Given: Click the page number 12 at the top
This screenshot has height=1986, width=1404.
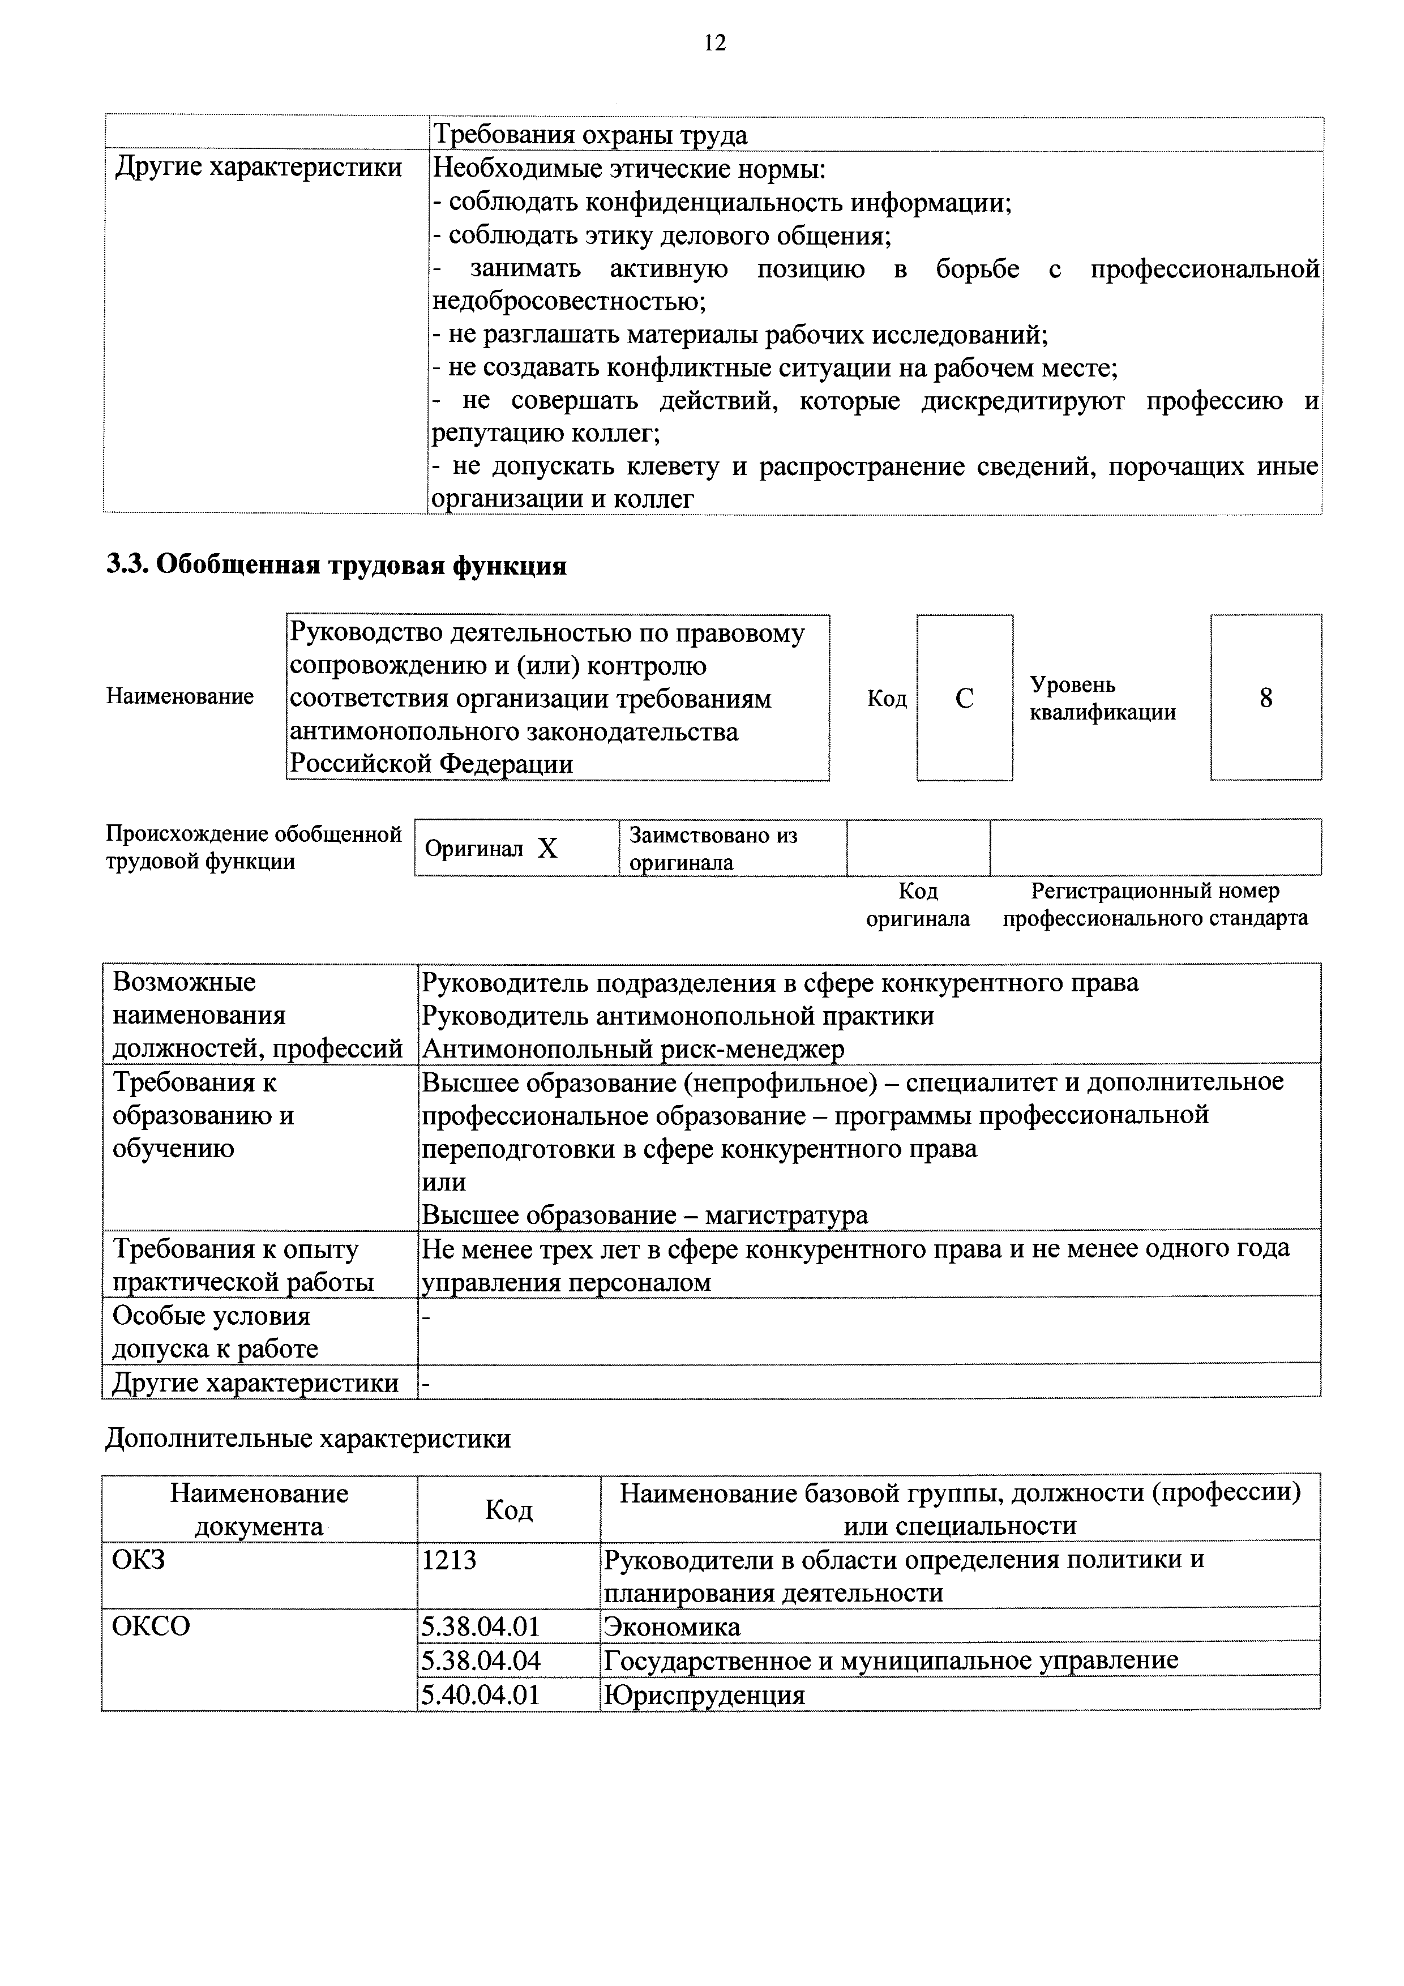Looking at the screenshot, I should tap(714, 42).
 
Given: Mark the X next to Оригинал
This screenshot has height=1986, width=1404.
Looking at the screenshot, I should tap(547, 849).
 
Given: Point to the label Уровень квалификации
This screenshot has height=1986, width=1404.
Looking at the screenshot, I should tap(1102, 699).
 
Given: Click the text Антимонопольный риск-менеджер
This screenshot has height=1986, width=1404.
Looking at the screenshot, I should tap(632, 1049).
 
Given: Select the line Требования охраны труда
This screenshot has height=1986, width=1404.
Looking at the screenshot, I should tap(590, 135).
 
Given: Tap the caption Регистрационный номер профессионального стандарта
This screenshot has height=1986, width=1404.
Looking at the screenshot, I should tap(1155, 904).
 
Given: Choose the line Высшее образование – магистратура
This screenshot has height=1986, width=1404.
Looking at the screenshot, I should tap(644, 1215).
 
